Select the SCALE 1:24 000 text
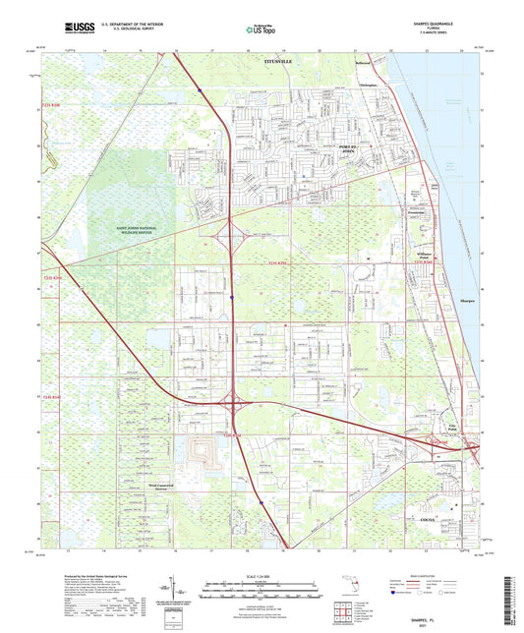pos(262,577)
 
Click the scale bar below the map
pos(262,589)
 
